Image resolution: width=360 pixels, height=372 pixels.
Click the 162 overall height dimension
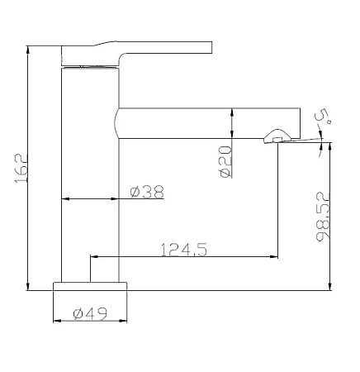21,168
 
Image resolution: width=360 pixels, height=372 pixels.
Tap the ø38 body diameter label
147,192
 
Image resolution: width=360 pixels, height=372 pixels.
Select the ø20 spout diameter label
225,162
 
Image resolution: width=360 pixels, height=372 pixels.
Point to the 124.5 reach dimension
183,250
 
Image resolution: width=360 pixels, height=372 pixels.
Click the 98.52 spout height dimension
323,217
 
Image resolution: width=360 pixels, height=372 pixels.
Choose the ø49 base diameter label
90,314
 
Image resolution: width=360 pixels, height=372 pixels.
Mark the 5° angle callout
323,116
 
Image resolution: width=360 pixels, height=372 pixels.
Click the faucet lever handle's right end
211,47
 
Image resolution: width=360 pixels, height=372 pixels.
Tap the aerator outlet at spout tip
277,136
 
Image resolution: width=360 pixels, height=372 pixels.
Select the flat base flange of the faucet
90,286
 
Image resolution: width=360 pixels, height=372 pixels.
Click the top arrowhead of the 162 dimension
27,49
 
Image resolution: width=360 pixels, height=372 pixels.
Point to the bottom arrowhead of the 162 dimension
27,287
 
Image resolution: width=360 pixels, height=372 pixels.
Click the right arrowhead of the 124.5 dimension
274,257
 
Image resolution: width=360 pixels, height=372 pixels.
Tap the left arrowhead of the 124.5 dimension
94,257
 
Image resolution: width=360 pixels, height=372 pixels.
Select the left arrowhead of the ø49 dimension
57,321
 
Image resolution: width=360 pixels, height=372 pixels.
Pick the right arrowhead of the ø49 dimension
123,321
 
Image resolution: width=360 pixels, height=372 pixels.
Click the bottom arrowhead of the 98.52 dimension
330,287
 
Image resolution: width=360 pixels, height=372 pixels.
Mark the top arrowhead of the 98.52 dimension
330,146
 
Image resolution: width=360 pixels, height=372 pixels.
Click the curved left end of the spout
116,123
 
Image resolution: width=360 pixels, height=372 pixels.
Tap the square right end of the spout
300,123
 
